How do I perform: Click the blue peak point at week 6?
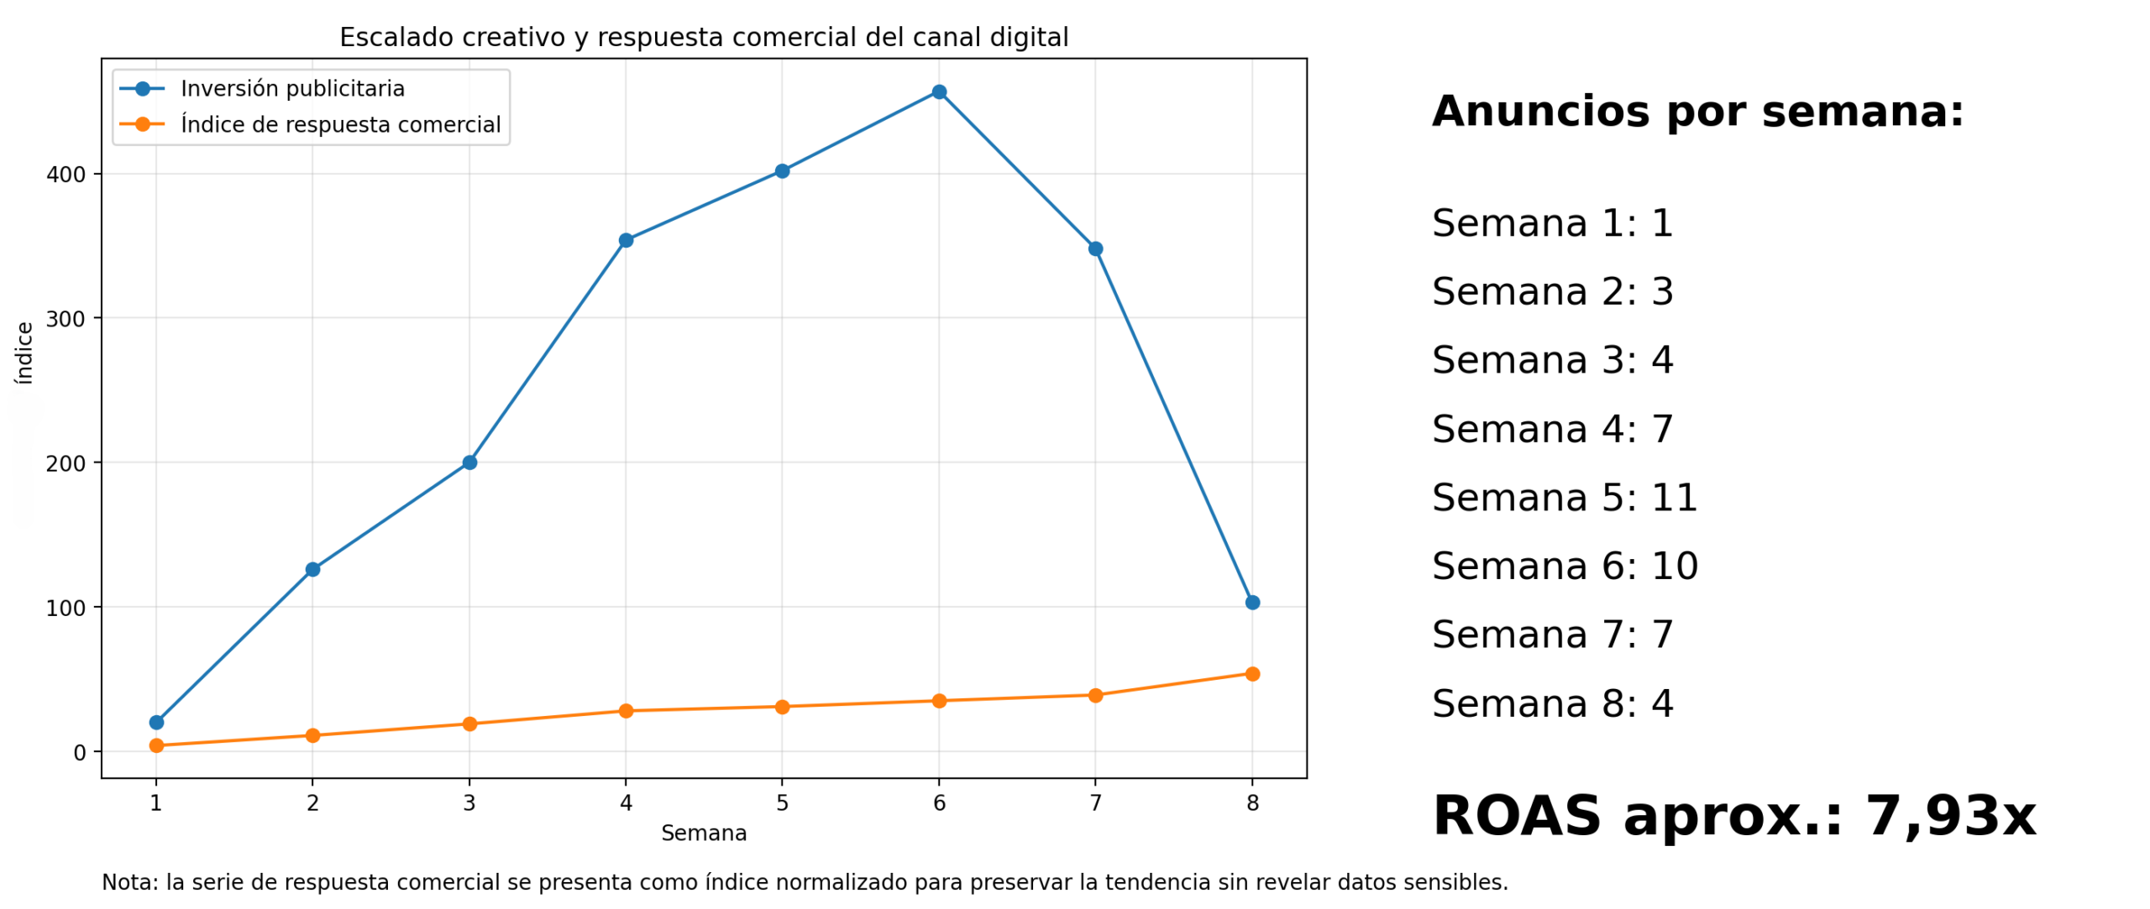[x=938, y=91]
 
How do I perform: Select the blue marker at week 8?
[x=1251, y=602]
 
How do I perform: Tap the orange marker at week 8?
[x=1251, y=673]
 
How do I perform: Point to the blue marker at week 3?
[x=469, y=462]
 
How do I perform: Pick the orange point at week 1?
[x=156, y=744]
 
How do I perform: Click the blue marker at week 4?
[x=625, y=240]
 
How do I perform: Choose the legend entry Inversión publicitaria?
[x=291, y=88]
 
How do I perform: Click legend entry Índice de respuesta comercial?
[x=340, y=124]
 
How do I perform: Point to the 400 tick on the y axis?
[x=66, y=175]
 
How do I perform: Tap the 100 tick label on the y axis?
[x=66, y=608]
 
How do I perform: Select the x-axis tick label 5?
[x=782, y=802]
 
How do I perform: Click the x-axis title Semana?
[x=703, y=833]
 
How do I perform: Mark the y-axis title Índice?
[x=24, y=353]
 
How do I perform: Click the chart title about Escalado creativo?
[x=703, y=37]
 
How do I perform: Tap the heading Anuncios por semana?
[x=1696, y=112]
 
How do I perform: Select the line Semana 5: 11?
[x=1564, y=497]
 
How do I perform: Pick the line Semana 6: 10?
[x=1564, y=566]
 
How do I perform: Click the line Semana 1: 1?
[x=1551, y=223]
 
